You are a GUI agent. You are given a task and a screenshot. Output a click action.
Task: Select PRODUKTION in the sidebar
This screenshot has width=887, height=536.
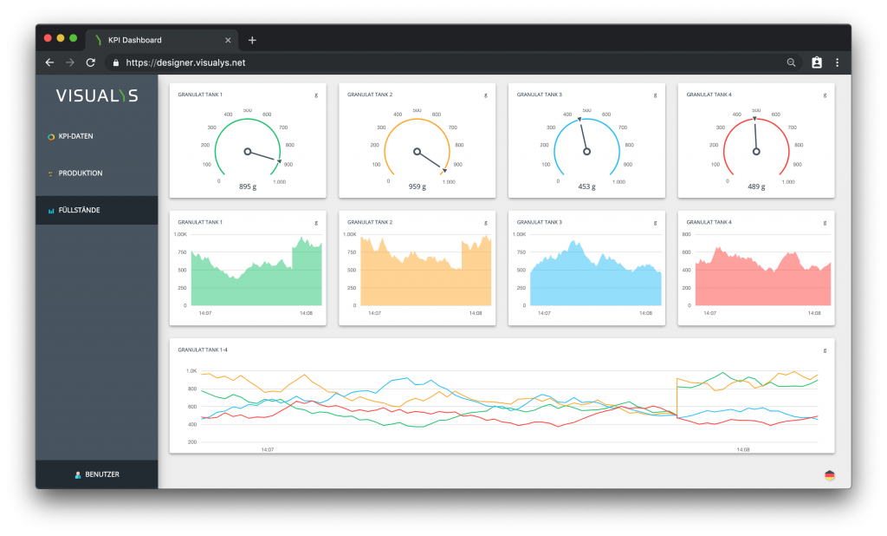[x=80, y=173]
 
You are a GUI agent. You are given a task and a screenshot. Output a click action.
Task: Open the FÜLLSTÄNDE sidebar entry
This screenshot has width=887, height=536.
[x=79, y=210]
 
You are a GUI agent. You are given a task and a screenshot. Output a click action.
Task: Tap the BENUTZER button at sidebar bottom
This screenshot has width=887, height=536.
[x=97, y=474]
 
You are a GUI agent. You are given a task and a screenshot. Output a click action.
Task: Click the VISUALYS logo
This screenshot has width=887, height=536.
[x=97, y=95]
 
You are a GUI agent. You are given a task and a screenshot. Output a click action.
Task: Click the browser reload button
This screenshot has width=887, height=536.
[x=90, y=62]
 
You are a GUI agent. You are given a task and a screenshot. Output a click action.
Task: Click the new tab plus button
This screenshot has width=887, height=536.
[x=252, y=40]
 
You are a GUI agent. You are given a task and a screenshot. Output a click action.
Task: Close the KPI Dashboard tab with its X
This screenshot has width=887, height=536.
[x=228, y=40]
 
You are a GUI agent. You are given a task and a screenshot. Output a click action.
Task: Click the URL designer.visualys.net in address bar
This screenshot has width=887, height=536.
[x=185, y=62]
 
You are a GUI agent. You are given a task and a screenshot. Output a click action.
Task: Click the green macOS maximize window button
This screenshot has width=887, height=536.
[x=74, y=38]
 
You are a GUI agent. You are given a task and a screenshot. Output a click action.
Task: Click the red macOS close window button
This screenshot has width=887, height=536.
[x=48, y=38]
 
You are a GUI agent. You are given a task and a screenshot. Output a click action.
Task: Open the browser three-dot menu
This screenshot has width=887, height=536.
[x=837, y=62]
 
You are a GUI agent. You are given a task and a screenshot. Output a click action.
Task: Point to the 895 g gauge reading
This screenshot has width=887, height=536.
[x=248, y=186]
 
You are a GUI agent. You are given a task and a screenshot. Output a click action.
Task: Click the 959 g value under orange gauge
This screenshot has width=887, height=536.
[x=417, y=186]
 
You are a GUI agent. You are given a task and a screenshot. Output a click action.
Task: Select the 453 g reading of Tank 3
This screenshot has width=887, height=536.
[x=586, y=186]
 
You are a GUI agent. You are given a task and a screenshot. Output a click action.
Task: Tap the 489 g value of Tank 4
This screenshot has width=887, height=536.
[x=756, y=186]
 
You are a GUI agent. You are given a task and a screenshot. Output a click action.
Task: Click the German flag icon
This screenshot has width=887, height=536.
[x=830, y=474]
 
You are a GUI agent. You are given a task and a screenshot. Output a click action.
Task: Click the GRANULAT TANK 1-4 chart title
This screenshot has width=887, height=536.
[x=202, y=350]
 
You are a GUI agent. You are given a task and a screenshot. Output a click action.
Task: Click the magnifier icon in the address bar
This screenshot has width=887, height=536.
[x=791, y=62]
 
